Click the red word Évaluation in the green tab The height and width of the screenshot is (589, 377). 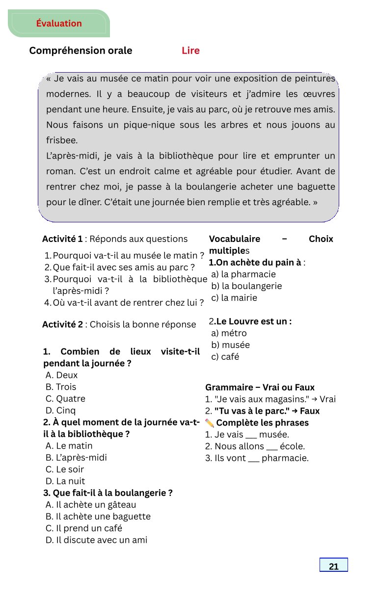click(x=59, y=24)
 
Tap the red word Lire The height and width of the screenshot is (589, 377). click(x=190, y=51)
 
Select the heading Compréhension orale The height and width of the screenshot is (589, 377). click(x=81, y=51)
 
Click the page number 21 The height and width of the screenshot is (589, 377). click(x=334, y=566)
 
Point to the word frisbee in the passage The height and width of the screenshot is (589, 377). click(x=62, y=140)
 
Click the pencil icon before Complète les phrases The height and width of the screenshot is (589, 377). click(x=210, y=423)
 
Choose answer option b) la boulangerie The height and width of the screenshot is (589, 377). click(x=246, y=286)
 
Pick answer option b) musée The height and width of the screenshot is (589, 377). click(x=230, y=345)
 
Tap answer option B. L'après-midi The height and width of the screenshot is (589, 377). click(x=76, y=457)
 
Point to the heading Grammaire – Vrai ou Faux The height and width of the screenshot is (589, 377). click(x=260, y=387)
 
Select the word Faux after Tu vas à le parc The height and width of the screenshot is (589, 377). click(x=309, y=411)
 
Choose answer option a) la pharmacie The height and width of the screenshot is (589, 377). click(x=243, y=274)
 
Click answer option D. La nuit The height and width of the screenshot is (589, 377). click(x=65, y=481)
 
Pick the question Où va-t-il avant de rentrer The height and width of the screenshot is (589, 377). click(x=128, y=303)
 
